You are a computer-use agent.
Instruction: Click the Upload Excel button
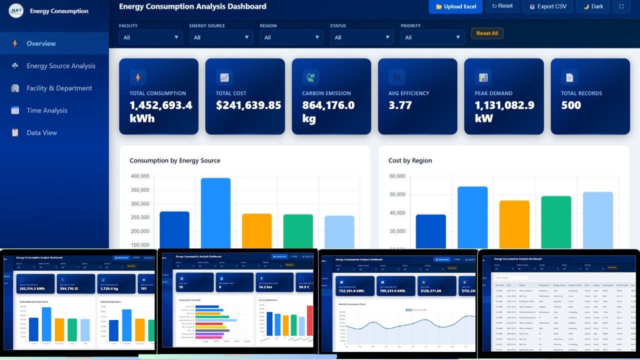tap(455, 6)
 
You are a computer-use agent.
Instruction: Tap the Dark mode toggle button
tap(592, 6)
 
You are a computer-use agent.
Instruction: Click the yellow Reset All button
tap(487, 33)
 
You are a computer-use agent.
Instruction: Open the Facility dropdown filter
tap(150, 37)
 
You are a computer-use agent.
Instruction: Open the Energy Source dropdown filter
tap(221, 37)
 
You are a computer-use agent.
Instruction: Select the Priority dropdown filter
tap(432, 37)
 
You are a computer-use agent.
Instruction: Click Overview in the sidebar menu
tap(41, 43)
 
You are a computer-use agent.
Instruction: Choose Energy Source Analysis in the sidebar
tap(60, 66)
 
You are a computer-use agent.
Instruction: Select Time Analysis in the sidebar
tap(46, 110)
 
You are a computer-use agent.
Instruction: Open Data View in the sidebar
tap(41, 132)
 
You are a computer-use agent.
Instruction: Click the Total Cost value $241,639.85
tap(248, 105)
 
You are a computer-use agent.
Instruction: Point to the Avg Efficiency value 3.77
tap(400, 105)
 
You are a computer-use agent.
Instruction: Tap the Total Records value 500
tap(571, 105)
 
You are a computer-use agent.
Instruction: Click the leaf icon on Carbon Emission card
tap(310, 77)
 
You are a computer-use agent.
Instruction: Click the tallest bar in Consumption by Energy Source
tap(215, 212)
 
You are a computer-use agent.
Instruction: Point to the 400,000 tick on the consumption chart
tap(140, 176)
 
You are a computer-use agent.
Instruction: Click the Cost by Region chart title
tap(410, 160)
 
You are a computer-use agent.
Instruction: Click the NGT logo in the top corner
tap(16, 10)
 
